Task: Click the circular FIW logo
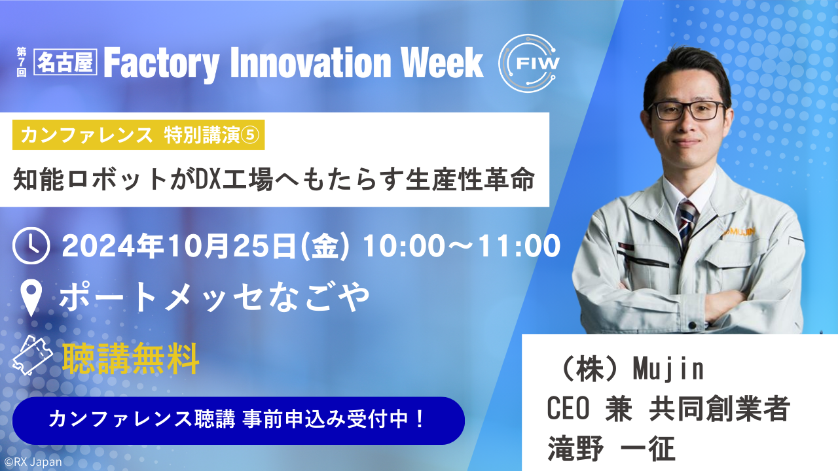pyautogui.click(x=530, y=63)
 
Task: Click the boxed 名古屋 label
pyautogui.click(x=65, y=62)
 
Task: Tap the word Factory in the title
pyautogui.click(x=162, y=63)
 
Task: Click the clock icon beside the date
pyautogui.click(x=31, y=245)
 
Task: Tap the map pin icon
pyautogui.click(x=31, y=298)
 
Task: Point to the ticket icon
pyautogui.click(x=33, y=355)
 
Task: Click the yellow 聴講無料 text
pyautogui.click(x=130, y=359)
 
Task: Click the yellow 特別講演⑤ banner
pyautogui.click(x=138, y=135)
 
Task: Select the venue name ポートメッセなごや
pyautogui.click(x=214, y=297)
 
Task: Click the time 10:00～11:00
pyautogui.click(x=462, y=246)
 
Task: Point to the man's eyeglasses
pyautogui.click(x=686, y=111)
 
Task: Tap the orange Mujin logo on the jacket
pyautogui.click(x=738, y=232)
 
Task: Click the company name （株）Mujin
pyautogui.click(x=628, y=370)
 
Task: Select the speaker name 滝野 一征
pyautogui.click(x=611, y=448)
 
